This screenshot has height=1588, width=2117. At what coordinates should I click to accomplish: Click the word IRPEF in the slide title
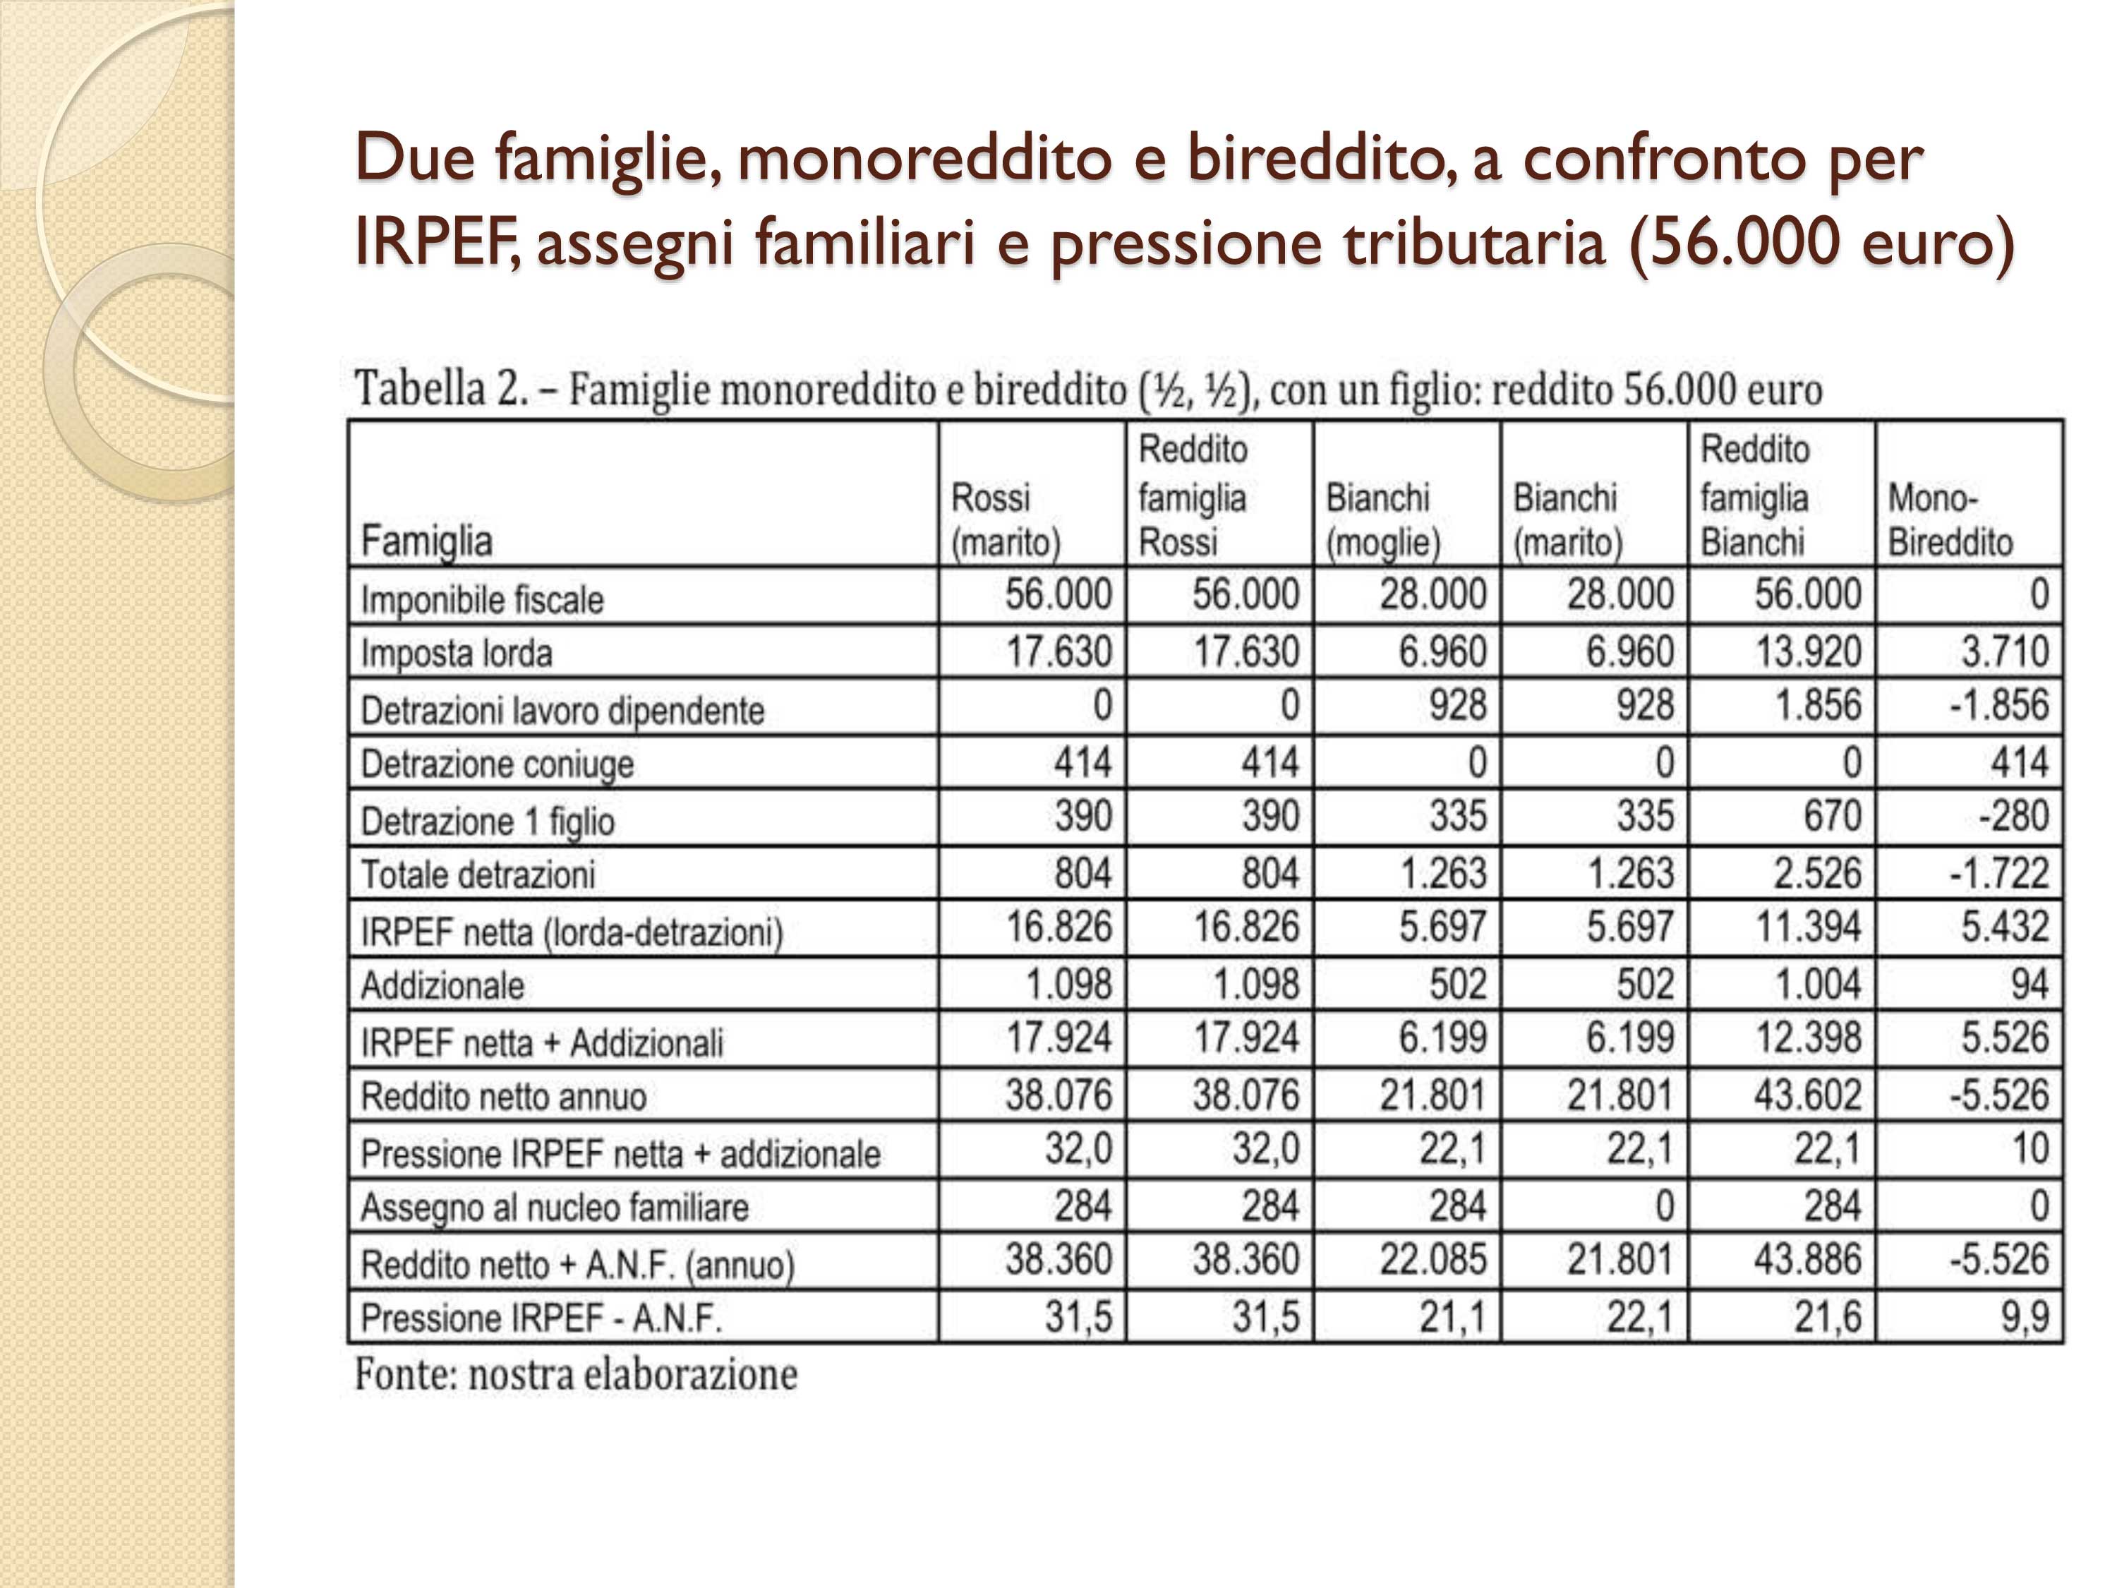tap(436, 241)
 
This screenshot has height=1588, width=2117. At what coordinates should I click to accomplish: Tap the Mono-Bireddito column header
tap(1950, 519)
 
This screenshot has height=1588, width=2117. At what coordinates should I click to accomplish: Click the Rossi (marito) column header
tap(1005, 519)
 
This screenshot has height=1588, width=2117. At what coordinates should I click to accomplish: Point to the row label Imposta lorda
tap(457, 653)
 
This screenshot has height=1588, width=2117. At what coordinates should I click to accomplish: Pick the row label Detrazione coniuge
tap(497, 764)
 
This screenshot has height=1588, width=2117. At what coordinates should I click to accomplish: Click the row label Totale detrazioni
tap(478, 874)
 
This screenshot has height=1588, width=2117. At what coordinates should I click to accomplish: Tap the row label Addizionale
tap(442, 985)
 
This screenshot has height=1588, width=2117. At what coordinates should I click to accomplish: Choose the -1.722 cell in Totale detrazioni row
tap(1999, 873)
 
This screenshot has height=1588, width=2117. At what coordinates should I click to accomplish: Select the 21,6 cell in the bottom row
tap(1827, 1317)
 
